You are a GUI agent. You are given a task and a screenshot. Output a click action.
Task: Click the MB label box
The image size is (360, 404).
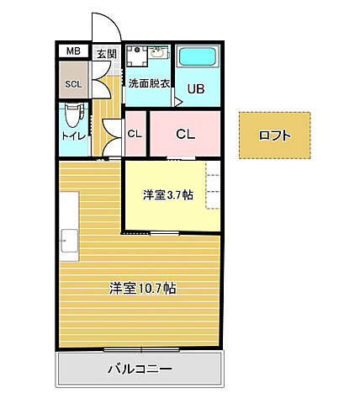74,51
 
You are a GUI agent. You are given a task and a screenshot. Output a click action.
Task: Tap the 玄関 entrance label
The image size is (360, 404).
107,55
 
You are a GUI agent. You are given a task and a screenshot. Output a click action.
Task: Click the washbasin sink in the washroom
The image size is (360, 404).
156,56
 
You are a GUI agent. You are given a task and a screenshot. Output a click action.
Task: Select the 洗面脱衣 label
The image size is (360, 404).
149,83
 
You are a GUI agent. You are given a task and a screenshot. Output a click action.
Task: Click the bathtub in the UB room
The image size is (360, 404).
199,58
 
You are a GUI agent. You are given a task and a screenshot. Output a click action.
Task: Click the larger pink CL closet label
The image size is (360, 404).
186,133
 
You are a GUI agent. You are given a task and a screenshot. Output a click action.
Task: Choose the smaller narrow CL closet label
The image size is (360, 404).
135,133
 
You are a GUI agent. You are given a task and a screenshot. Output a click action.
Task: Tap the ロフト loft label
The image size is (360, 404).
275,135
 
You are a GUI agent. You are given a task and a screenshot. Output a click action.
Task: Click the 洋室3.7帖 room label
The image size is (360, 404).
167,195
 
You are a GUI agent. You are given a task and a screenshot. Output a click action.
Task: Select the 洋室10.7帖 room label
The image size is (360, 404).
141,288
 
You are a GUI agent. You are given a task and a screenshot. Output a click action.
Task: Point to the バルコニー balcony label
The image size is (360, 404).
140,369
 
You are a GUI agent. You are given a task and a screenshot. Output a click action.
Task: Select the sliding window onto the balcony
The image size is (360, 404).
141,349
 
